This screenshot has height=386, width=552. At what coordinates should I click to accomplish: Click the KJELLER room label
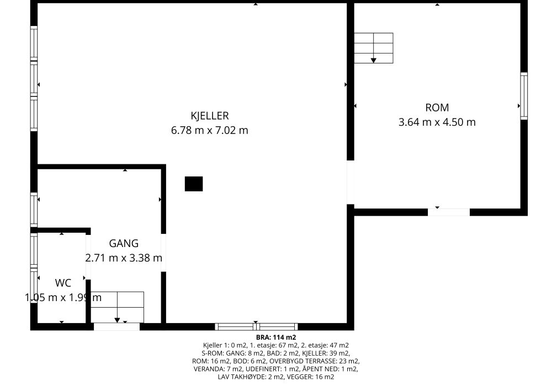coord(209,116)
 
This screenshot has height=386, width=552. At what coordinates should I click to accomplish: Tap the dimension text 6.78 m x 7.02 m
coord(209,131)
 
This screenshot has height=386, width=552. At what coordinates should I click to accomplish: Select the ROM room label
coord(437,108)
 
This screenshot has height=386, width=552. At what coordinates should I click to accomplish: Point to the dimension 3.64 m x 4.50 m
coord(437,122)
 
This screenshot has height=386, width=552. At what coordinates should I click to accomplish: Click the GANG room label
coord(124,243)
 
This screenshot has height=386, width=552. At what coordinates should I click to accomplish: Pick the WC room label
coord(63,283)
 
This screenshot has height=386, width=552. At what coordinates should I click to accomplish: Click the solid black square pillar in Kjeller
coord(194,184)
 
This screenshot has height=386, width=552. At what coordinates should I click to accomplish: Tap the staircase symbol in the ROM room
coord(374,48)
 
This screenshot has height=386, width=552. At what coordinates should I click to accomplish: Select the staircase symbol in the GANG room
coord(117,307)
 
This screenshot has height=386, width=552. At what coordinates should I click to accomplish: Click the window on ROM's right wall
coord(524,96)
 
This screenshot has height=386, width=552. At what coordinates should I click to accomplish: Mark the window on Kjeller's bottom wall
coord(256,326)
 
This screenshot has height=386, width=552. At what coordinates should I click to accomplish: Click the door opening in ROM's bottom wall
coord(448,212)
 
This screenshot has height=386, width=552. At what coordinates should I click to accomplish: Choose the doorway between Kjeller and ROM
coord(351,182)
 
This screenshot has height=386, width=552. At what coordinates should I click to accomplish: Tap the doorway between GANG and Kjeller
coord(163,253)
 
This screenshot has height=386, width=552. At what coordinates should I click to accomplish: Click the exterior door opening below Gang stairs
coord(116,326)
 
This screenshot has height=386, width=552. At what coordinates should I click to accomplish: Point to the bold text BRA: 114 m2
coord(276,338)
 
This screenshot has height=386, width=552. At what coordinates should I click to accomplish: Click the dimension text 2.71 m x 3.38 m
coord(124,258)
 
